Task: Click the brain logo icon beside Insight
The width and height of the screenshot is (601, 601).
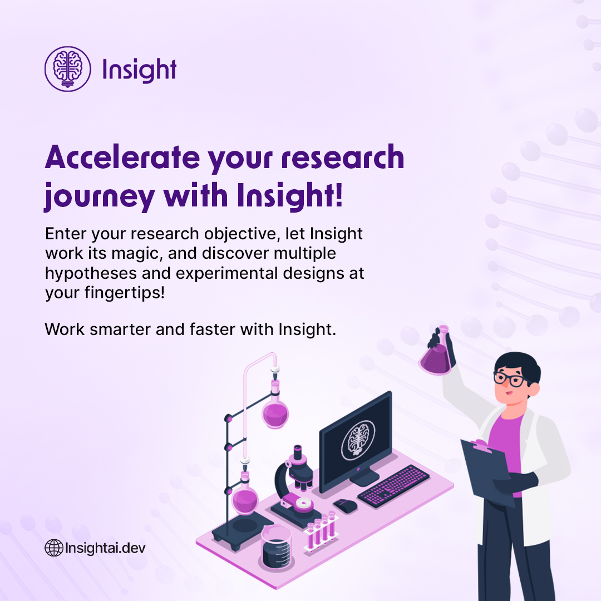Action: pyautogui.click(x=67, y=68)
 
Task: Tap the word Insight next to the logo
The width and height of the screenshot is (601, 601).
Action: pyautogui.click(x=139, y=70)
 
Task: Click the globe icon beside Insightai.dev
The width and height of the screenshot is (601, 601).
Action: pyautogui.click(x=53, y=548)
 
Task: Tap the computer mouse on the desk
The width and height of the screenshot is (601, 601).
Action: pyautogui.click(x=345, y=505)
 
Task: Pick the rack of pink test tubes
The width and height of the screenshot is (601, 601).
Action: pyautogui.click(x=321, y=531)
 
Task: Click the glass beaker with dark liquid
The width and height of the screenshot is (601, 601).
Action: pyautogui.click(x=277, y=548)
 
